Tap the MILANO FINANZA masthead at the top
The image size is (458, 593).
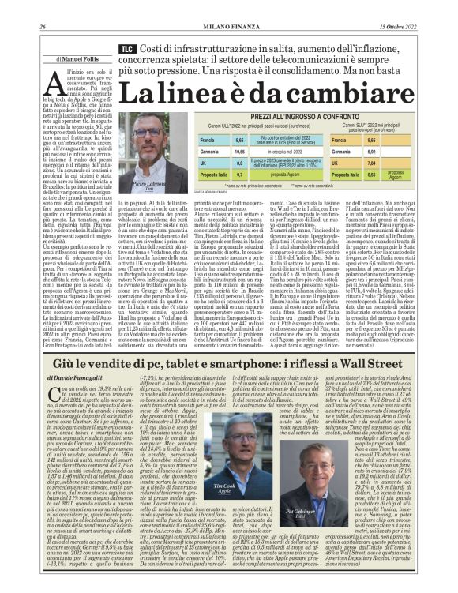(229, 6)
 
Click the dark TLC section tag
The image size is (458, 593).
(126, 49)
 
